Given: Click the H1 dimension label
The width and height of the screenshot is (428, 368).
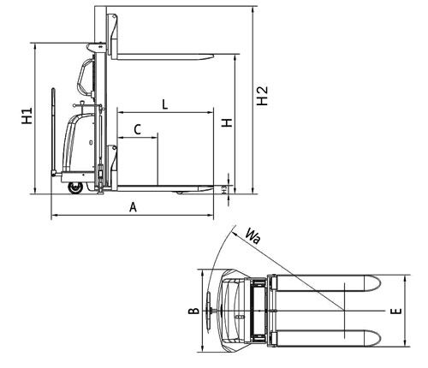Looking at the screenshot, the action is (x=27, y=116).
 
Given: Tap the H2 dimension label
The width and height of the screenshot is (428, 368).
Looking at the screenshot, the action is (x=262, y=96).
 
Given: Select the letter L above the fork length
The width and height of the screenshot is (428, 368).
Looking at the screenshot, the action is (x=165, y=104).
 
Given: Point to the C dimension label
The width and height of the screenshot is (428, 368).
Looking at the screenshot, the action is (x=138, y=129).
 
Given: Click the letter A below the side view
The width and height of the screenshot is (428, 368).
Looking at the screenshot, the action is (x=133, y=207).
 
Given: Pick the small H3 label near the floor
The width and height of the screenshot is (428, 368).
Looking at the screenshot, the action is (x=225, y=189).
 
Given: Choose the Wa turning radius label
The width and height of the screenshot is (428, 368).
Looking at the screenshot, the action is (x=253, y=236).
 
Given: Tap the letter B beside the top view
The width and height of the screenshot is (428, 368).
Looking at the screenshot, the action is (x=193, y=311).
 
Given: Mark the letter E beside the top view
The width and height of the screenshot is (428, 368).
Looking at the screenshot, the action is (x=396, y=312).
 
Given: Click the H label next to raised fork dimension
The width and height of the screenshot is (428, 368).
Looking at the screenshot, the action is (x=227, y=123).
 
